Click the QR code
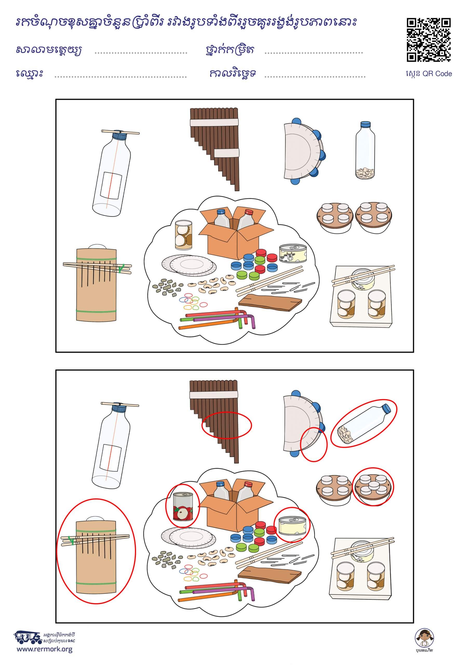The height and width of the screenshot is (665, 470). pyautogui.click(x=429, y=40)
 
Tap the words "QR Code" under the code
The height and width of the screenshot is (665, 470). pyautogui.click(x=437, y=74)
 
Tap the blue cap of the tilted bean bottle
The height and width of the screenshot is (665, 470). pyautogui.click(x=387, y=408)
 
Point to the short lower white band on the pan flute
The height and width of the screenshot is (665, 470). pyautogui.click(x=226, y=153)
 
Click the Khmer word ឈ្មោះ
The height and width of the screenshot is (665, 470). pyautogui.click(x=30, y=74)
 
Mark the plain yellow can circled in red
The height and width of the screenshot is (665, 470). pyautogui.click(x=292, y=524)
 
